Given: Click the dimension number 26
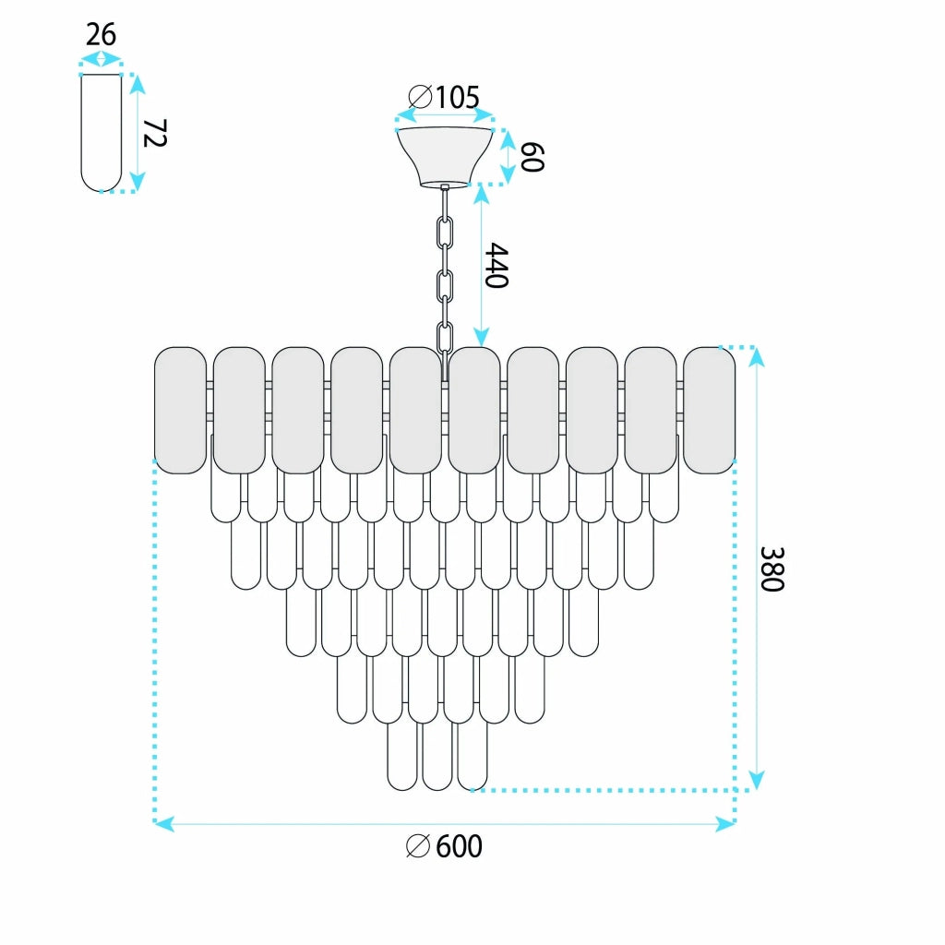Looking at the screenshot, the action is click(x=101, y=34).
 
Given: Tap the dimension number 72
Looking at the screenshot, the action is click(x=154, y=133).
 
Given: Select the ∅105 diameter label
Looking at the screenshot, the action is click(x=444, y=97).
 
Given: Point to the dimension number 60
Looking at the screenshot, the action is click(x=532, y=157).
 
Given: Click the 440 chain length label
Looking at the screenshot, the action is click(x=497, y=265).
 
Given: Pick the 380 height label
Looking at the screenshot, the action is click(x=772, y=569).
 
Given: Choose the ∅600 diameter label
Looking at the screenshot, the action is click(x=444, y=846).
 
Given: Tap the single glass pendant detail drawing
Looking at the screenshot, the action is click(x=102, y=133).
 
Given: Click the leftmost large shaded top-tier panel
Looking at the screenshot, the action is click(x=180, y=410).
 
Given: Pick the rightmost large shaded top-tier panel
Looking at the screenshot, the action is click(x=710, y=410).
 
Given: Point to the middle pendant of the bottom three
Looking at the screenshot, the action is click(x=437, y=757).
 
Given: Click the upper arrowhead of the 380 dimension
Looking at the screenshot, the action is click(x=757, y=357).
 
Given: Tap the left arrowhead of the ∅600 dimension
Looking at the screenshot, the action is click(x=164, y=824).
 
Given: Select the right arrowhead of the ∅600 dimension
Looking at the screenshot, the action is click(x=725, y=824).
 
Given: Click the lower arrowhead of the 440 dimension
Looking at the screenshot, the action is click(x=481, y=337).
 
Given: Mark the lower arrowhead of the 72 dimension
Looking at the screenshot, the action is click(x=138, y=182).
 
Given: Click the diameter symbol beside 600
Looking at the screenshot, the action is click(x=418, y=846).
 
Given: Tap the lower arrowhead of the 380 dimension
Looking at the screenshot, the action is click(x=757, y=780).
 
